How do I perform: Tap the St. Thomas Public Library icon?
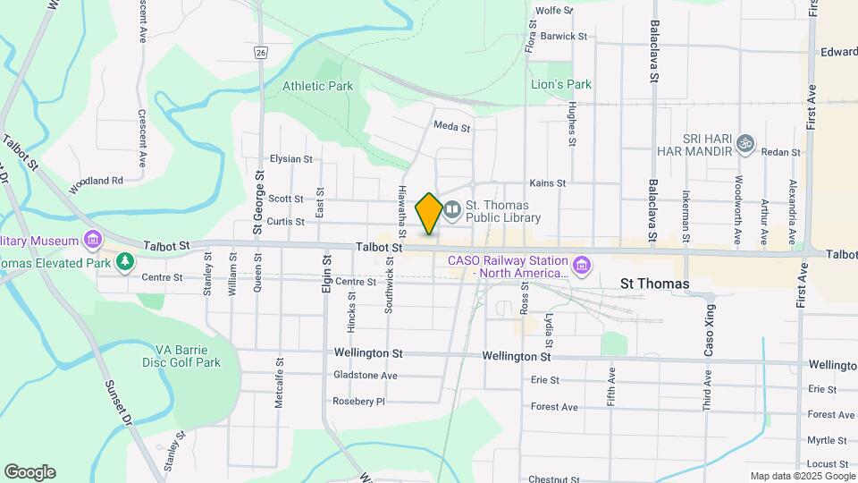(x=452, y=210)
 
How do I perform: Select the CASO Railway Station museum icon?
(x=582, y=266)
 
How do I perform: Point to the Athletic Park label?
(x=317, y=87)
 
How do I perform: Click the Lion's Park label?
(x=561, y=85)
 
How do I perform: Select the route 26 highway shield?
(x=260, y=53)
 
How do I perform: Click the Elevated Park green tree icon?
(x=125, y=262)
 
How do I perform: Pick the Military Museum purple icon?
(x=91, y=240)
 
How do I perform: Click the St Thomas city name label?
(x=655, y=284)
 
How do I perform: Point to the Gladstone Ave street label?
(x=365, y=376)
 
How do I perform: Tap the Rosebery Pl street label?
(x=358, y=402)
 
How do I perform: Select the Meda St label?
(x=451, y=128)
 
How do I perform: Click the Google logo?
(x=29, y=472)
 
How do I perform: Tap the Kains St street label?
(x=548, y=183)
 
